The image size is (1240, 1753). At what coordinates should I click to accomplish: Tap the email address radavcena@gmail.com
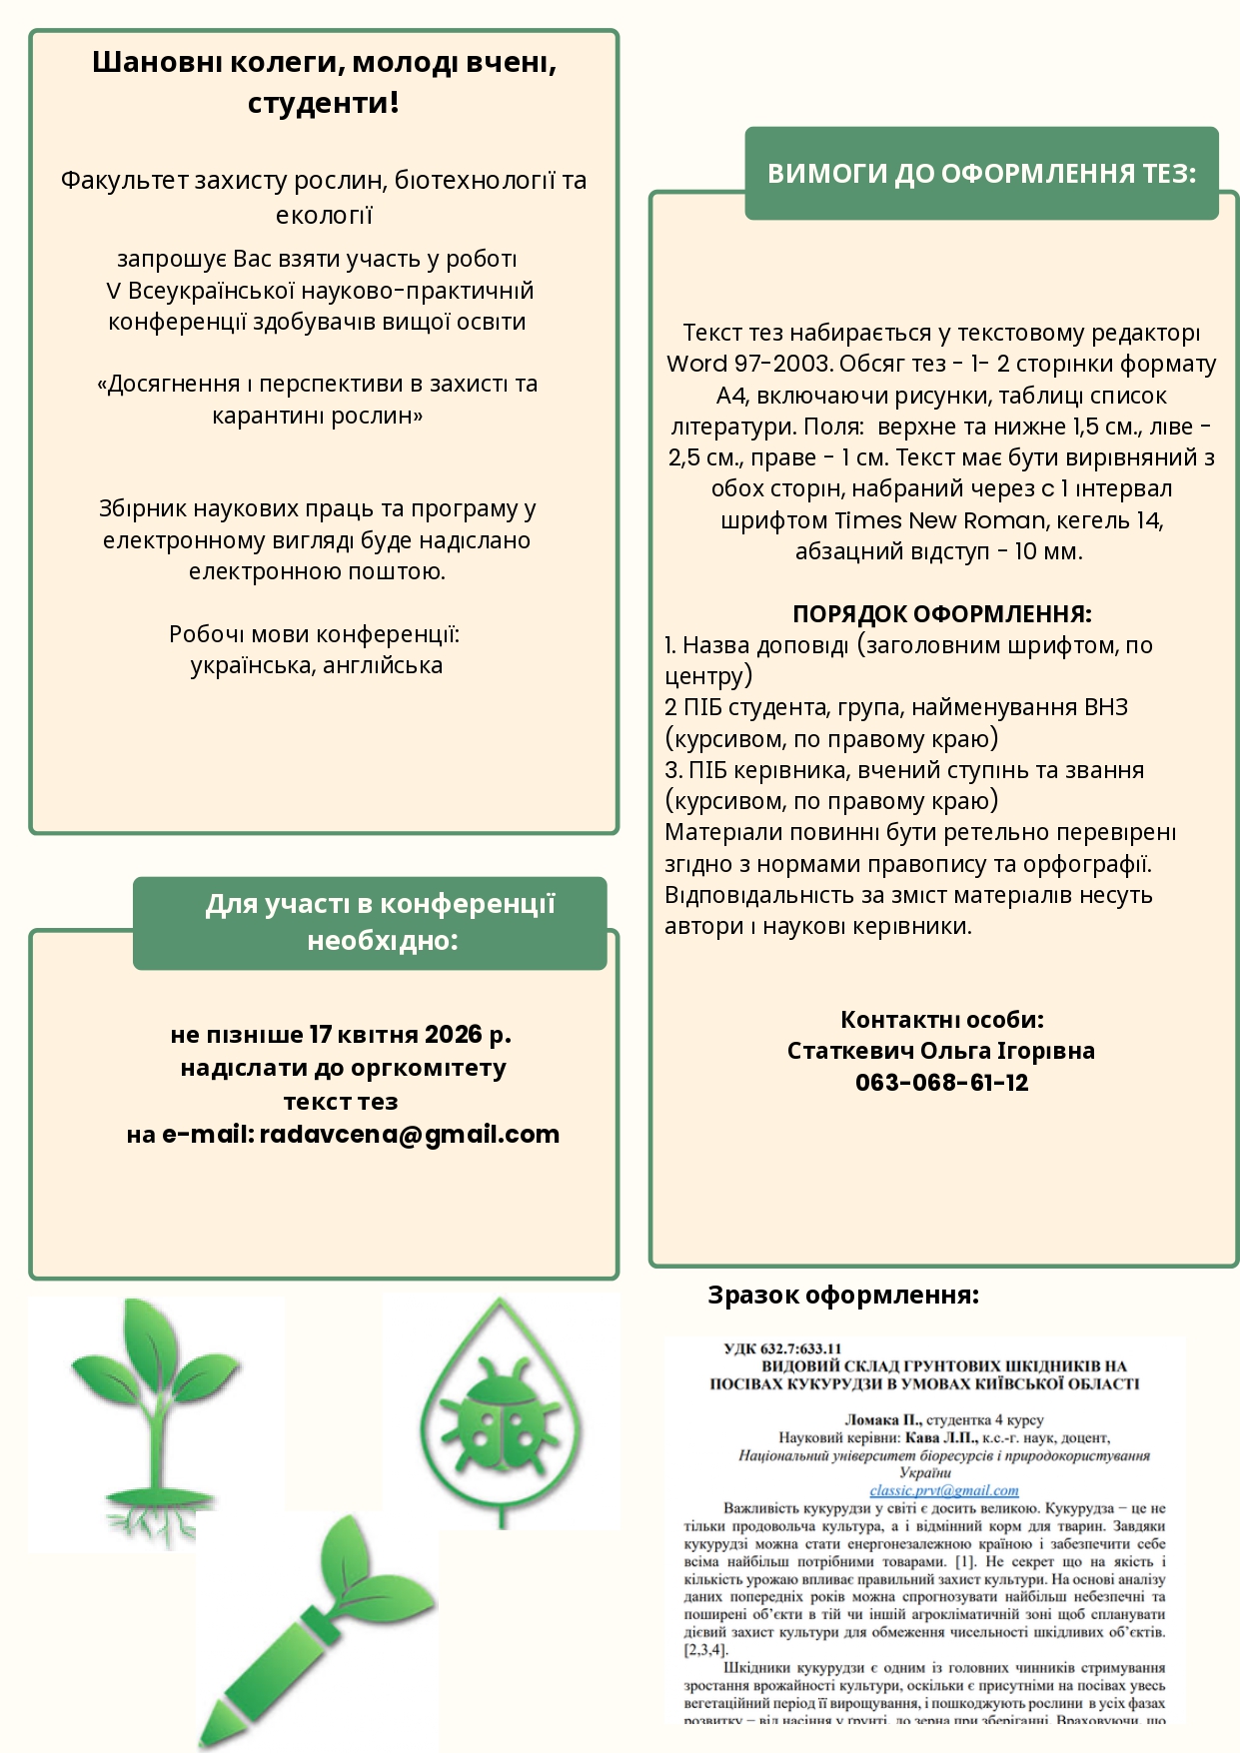409,1135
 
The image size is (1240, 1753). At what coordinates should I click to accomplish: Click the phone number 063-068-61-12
941,1083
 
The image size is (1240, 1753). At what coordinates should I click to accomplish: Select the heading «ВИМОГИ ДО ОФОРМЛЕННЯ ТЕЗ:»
981,174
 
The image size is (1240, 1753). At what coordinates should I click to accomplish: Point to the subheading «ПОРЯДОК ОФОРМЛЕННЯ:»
941,613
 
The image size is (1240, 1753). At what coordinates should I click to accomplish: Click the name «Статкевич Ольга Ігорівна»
941,1051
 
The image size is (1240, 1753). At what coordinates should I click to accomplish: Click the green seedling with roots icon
155,1418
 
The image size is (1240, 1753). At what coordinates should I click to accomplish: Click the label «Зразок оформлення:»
843,1296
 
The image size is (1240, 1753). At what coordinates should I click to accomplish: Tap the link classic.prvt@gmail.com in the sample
943,1490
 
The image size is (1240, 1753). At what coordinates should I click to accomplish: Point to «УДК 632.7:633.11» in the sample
782,1348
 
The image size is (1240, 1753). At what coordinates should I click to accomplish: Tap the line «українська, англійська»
317,665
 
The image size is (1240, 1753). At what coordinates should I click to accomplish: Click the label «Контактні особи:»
941,1020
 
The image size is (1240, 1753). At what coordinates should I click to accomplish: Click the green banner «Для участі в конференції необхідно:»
370,923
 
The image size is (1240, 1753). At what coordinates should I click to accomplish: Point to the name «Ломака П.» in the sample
882,1419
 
